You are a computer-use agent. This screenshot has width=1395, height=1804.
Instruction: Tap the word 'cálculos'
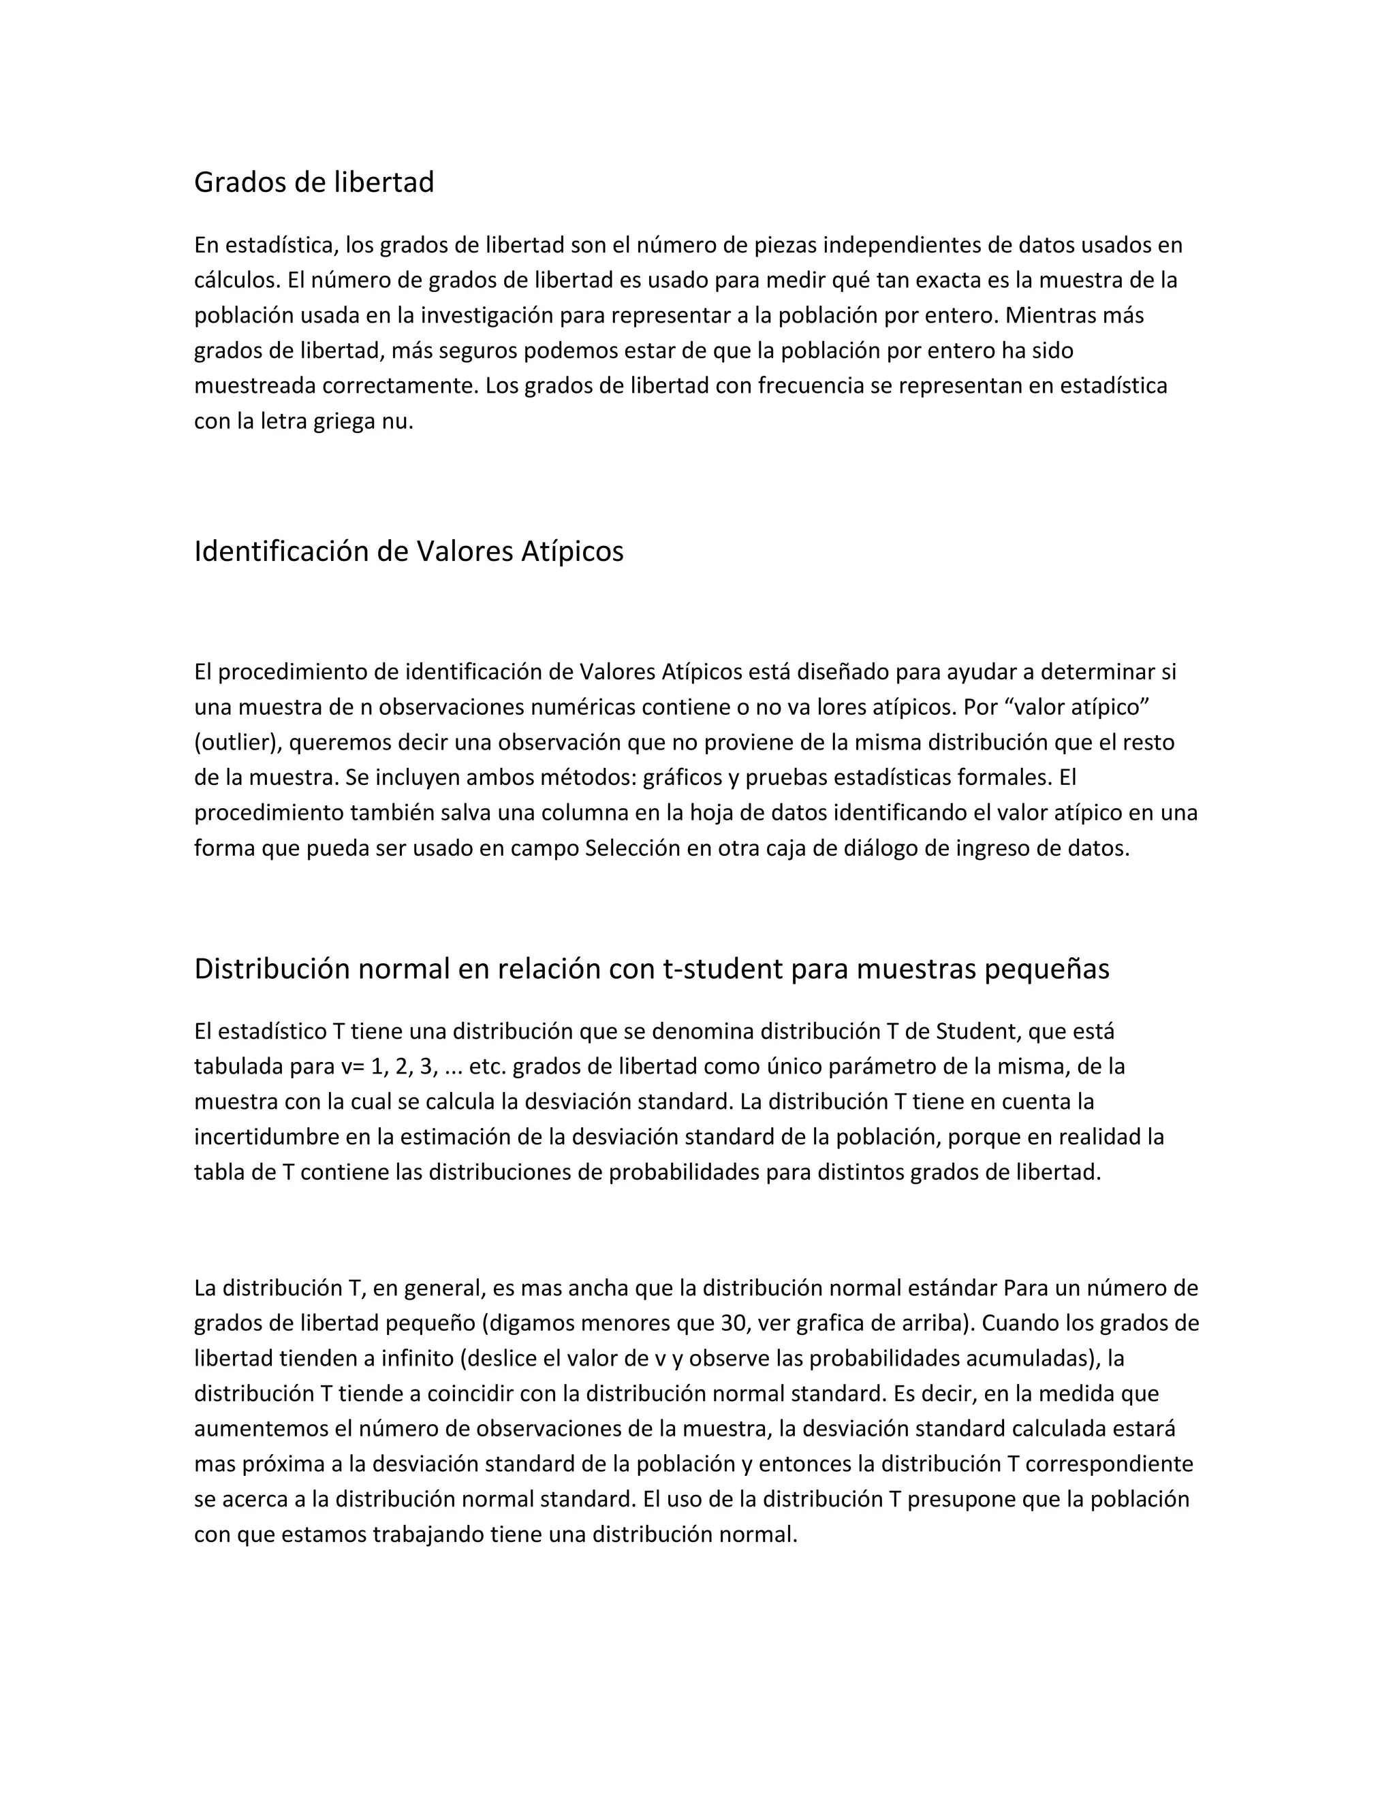click(x=237, y=281)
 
